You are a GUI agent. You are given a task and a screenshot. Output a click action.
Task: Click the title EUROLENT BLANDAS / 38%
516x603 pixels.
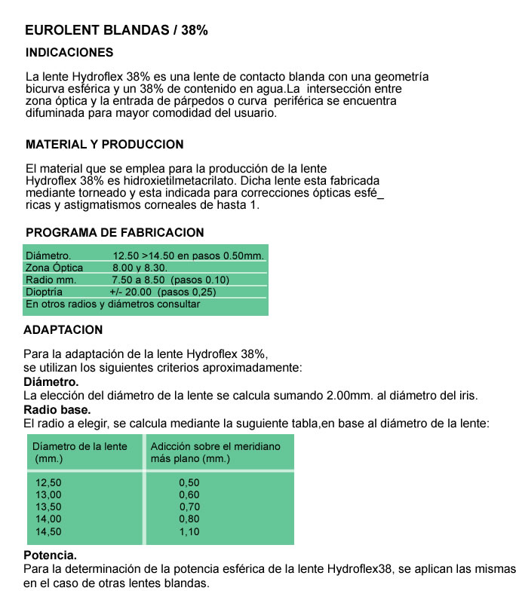pos(116,31)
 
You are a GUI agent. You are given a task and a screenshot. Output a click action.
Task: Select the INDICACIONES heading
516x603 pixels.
pos(69,53)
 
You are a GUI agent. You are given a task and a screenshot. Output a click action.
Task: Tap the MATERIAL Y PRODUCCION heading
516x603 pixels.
pos(104,144)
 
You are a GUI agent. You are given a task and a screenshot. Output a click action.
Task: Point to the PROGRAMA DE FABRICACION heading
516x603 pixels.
pos(115,233)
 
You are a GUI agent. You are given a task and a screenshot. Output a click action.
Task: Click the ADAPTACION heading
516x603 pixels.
pos(63,330)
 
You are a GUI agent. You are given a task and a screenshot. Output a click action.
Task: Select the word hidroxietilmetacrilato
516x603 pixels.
pos(178,182)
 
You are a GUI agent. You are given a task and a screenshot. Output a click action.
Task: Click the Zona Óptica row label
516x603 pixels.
pos(54,268)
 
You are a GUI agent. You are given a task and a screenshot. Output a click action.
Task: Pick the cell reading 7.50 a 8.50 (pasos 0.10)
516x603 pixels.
pos(170,280)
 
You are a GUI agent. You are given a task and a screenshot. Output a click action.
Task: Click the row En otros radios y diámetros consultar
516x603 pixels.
pos(112,304)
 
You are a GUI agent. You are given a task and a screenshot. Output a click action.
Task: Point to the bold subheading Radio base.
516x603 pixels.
pos(57,410)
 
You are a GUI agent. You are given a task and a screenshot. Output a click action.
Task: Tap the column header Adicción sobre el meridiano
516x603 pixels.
pos(216,446)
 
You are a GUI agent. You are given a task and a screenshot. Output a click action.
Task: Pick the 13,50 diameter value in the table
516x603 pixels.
pos(49,507)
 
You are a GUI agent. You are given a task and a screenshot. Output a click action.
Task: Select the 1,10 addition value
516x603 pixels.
pos(189,531)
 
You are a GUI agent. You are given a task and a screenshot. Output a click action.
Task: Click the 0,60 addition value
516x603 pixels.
pos(189,494)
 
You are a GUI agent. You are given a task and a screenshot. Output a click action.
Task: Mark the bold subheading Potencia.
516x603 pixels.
pos(51,556)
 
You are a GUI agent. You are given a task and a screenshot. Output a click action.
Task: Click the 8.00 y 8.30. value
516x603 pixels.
pos(140,268)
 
